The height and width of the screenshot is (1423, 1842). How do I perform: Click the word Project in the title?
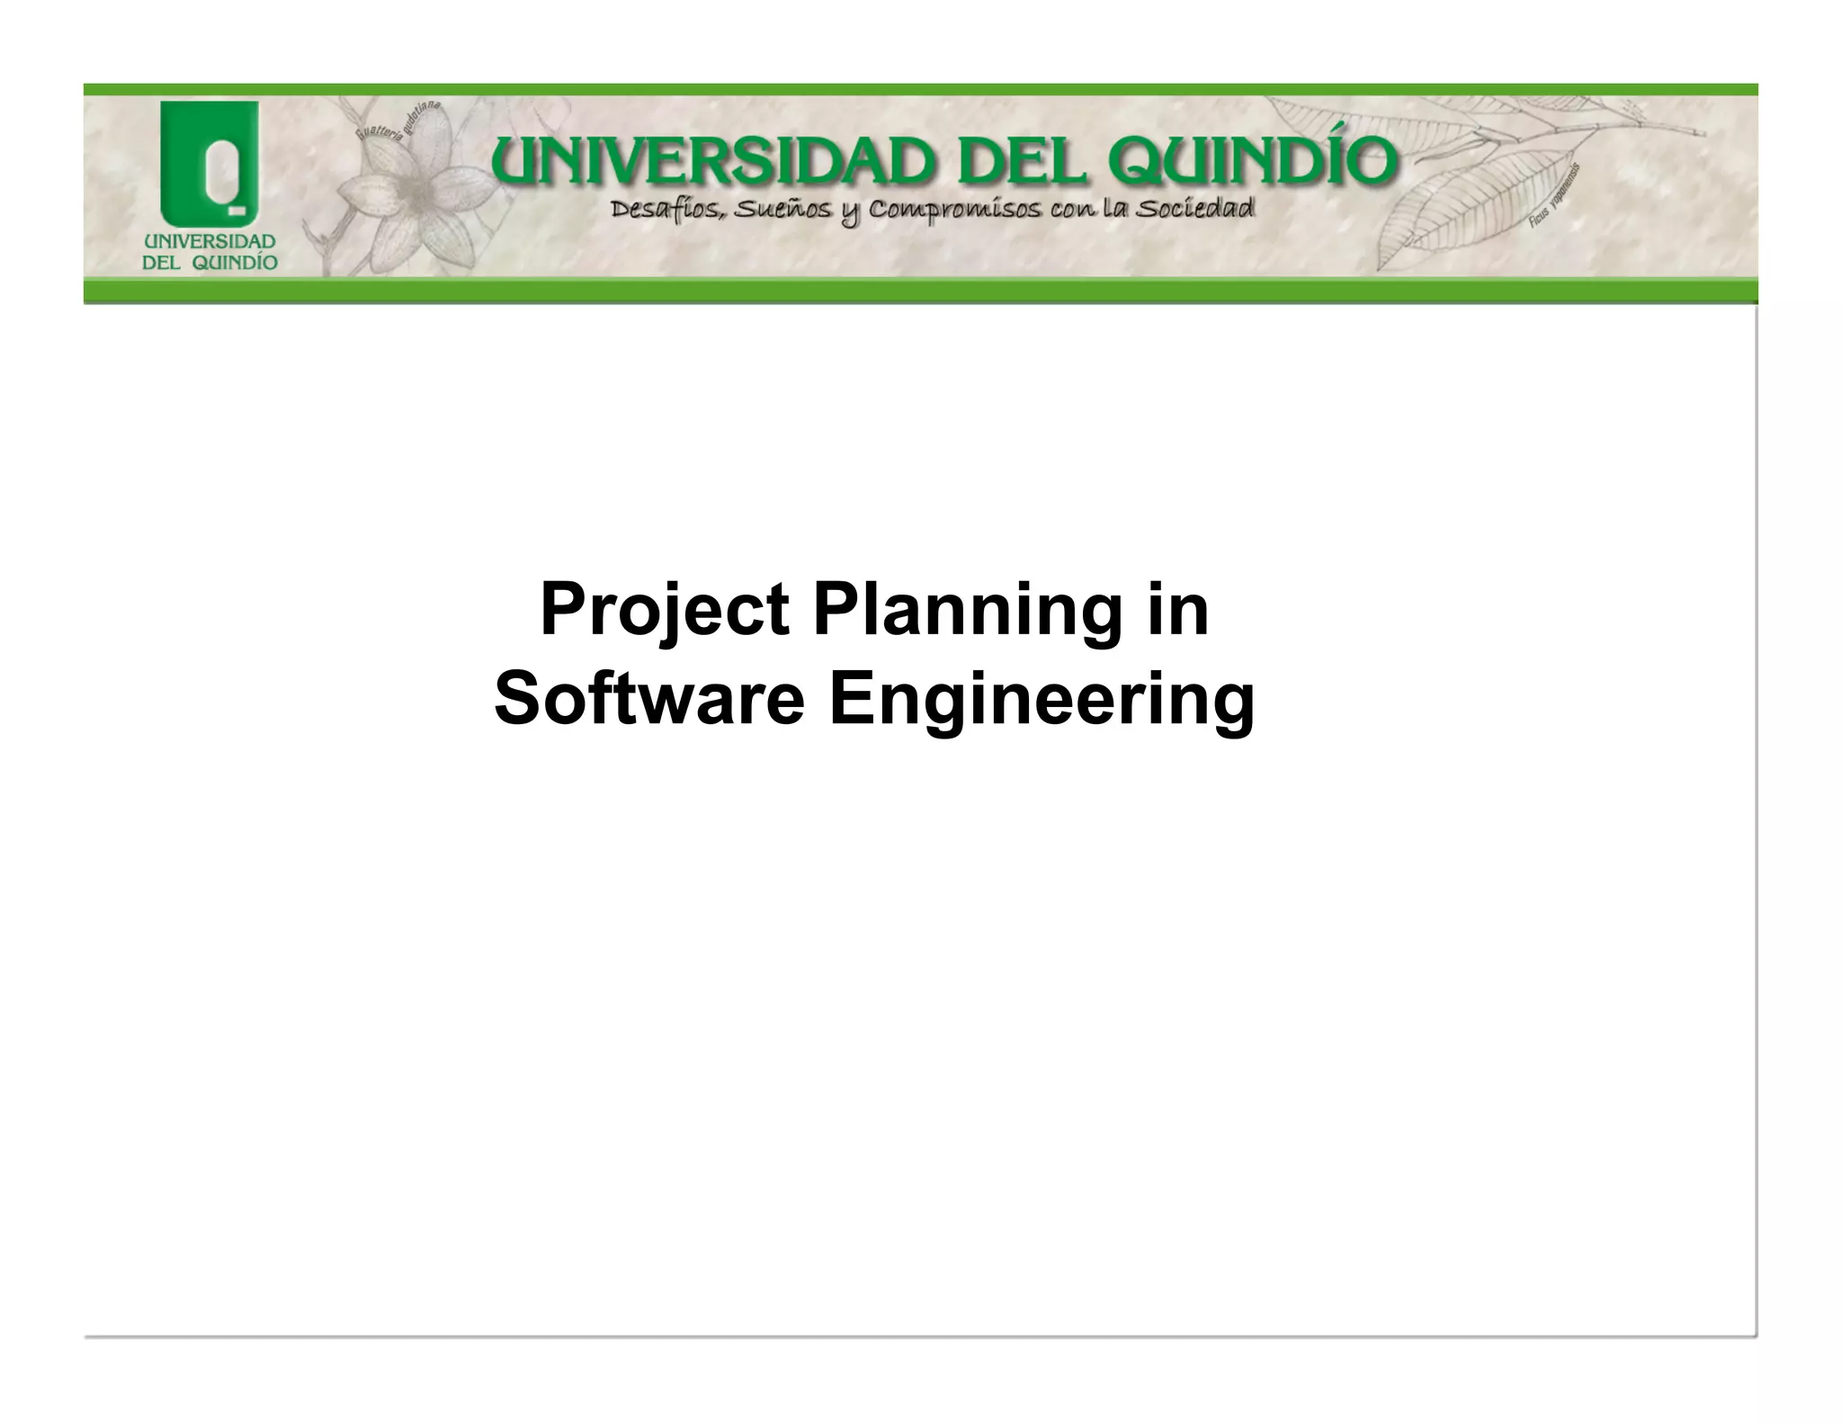click(x=665, y=612)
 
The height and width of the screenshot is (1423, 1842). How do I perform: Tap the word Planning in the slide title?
click(x=968, y=612)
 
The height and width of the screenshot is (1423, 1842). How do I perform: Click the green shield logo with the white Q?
click(x=210, y=164)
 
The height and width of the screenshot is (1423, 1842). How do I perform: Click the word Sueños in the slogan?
click(x=782, y=211)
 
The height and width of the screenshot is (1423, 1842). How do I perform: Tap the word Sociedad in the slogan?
click(x=1194, y=210)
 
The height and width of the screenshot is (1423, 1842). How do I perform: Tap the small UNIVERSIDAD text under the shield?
click(x=210, y=242)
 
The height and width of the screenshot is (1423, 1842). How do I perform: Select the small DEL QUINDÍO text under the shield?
click(x=210, y=263)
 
